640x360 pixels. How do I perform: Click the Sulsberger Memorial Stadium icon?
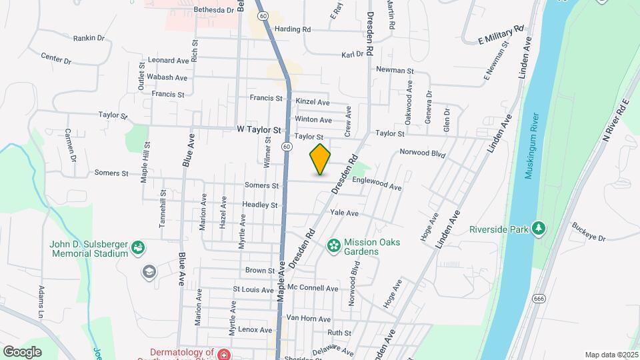click(x=138, y=249)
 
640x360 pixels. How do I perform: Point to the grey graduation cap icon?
click(x=149, y=271)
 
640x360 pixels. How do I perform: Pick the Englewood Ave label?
click(x=377, y=183)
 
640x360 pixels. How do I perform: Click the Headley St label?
click(x=259, y=205)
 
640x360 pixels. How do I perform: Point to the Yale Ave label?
click(x=344, y=213)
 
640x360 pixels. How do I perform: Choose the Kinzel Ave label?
click(x=313, y=102)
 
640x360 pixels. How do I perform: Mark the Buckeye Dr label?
click(x=587, y=233)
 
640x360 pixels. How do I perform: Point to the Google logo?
click(x=22, y=351)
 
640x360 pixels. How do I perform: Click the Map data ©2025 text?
click(x=610, y=355)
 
